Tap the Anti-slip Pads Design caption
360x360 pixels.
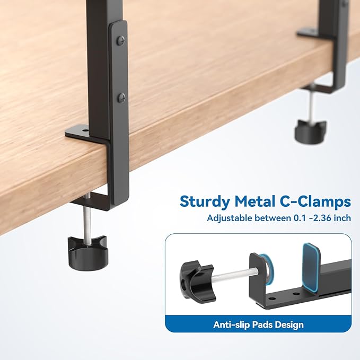tap(259, 324)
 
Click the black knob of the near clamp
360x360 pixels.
tap(88, 251)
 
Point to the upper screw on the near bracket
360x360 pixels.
tap(120, 39)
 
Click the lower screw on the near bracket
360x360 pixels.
tap(121, 97)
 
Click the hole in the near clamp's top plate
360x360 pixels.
tap(84, 128)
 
